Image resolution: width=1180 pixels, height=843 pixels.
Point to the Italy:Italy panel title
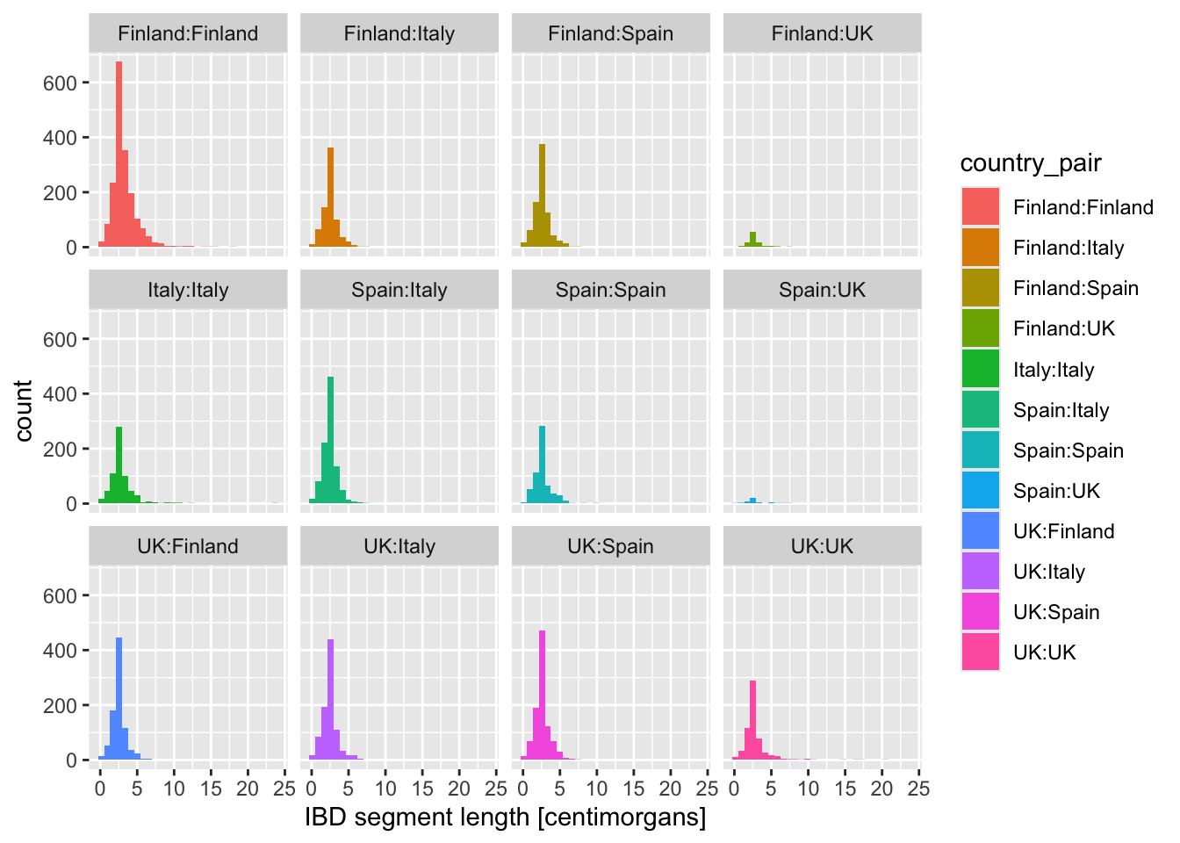[188, 291]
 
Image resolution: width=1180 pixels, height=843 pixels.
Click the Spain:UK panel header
[822, 291]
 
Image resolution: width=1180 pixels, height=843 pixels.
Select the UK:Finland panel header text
[188, 546]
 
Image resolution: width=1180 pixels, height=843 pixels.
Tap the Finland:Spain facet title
[610, 34]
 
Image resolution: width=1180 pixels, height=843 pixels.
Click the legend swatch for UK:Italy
[980, 572]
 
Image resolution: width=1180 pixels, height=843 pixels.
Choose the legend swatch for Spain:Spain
[980, 450]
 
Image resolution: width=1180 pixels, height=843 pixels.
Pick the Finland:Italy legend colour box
[980, 248]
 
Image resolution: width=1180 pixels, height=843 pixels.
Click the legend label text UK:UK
[1044, 652]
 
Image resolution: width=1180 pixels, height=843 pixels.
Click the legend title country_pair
[1031, 163]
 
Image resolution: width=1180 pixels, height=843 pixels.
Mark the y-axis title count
[24, 410]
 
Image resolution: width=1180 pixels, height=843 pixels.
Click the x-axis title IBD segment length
[505, 818]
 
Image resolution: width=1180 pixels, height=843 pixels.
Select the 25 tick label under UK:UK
[917, 788]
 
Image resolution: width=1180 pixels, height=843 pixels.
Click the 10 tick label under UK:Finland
[174, 788]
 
